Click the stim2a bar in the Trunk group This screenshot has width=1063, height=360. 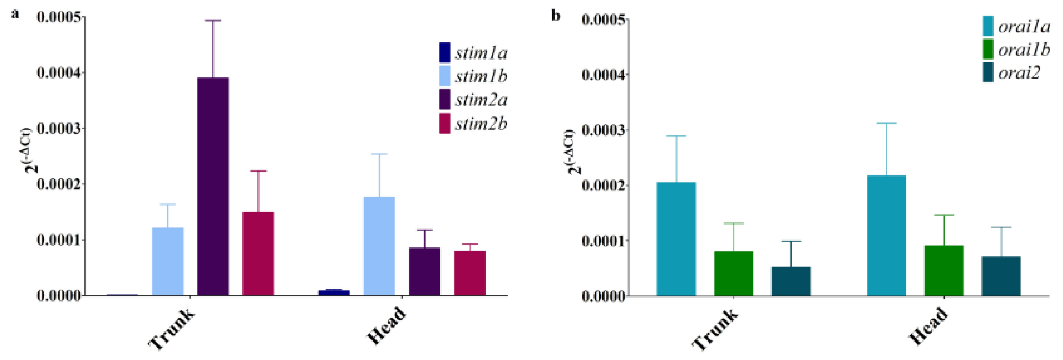pyautogui.click(x=213, y=186)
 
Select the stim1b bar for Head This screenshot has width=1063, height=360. pyautogui.click(x=379, y=246)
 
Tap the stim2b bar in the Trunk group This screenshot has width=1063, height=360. pyautogui.click(x=258, y=254)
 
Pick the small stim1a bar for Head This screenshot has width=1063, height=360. pyautogui.click(x=334, y=292)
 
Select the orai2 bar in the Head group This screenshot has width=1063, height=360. pyautogui.click(x=1001, y=276)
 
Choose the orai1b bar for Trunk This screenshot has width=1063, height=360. pyautogui.click(x=734, y=273)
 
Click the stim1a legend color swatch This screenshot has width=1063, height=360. pyautogui.click(x=445, y=53)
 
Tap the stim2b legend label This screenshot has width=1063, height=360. pyautogui.click(x=481, y=124)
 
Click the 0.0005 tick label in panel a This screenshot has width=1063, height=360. pyautogui.click(x=58, y=17)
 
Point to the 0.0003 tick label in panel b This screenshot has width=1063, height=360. pyautogui.click(x=603, y=130)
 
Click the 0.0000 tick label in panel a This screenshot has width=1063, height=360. pyautogui.click(x=58, y=296)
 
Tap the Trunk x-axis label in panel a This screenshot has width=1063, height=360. pyautogui.click(x=171, y=329)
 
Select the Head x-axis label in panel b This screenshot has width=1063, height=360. pyautogui.click(x=928, y=327)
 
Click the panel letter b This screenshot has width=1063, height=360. pyautogui.click(x=556, y=16)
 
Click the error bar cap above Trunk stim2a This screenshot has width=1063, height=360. pyautogui.click(x=213, y=20)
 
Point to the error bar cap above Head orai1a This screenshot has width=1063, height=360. pyautogui.click(x=886, y=123)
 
